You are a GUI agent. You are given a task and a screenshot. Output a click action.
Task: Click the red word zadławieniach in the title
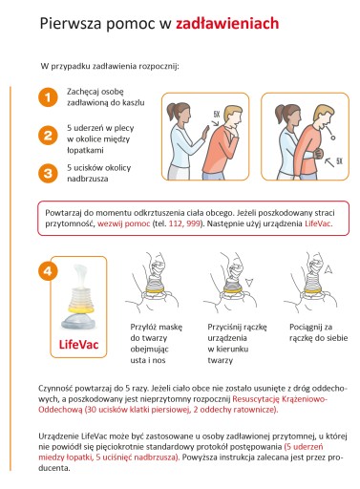(227, 24)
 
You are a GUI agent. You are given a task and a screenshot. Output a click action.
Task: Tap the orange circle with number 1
(48, 97)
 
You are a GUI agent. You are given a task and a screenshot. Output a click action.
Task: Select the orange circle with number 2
(48, 136)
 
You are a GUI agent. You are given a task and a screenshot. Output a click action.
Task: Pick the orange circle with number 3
(48, 173)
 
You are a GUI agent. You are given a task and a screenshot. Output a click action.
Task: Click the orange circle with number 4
(48, 271)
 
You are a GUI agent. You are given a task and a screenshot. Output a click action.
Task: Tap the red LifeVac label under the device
(78, 345)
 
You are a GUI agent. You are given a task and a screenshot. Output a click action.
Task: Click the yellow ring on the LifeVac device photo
(78, 308)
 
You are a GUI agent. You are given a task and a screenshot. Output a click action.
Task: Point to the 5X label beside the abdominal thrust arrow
(339, 160)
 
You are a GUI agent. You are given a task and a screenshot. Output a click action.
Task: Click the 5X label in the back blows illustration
(217, 114)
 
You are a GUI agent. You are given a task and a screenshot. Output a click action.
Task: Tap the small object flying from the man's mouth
(333, 138)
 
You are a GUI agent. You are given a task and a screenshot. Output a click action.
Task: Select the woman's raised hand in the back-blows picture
(205, 133)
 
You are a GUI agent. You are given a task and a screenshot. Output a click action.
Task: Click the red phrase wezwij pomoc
(123, 223)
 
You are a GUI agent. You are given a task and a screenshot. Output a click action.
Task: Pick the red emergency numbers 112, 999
(184, 223)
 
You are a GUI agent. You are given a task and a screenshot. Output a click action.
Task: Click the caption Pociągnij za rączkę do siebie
(318, 332)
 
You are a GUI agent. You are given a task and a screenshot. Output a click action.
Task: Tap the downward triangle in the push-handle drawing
(249, 282)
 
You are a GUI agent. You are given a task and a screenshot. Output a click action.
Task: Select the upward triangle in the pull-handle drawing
(328, 270)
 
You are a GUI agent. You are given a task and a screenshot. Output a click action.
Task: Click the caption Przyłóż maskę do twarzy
(157, 332)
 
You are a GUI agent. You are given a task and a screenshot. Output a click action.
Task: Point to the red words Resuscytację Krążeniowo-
(280, 399)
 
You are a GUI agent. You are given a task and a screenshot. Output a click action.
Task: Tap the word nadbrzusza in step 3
(88, 179)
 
